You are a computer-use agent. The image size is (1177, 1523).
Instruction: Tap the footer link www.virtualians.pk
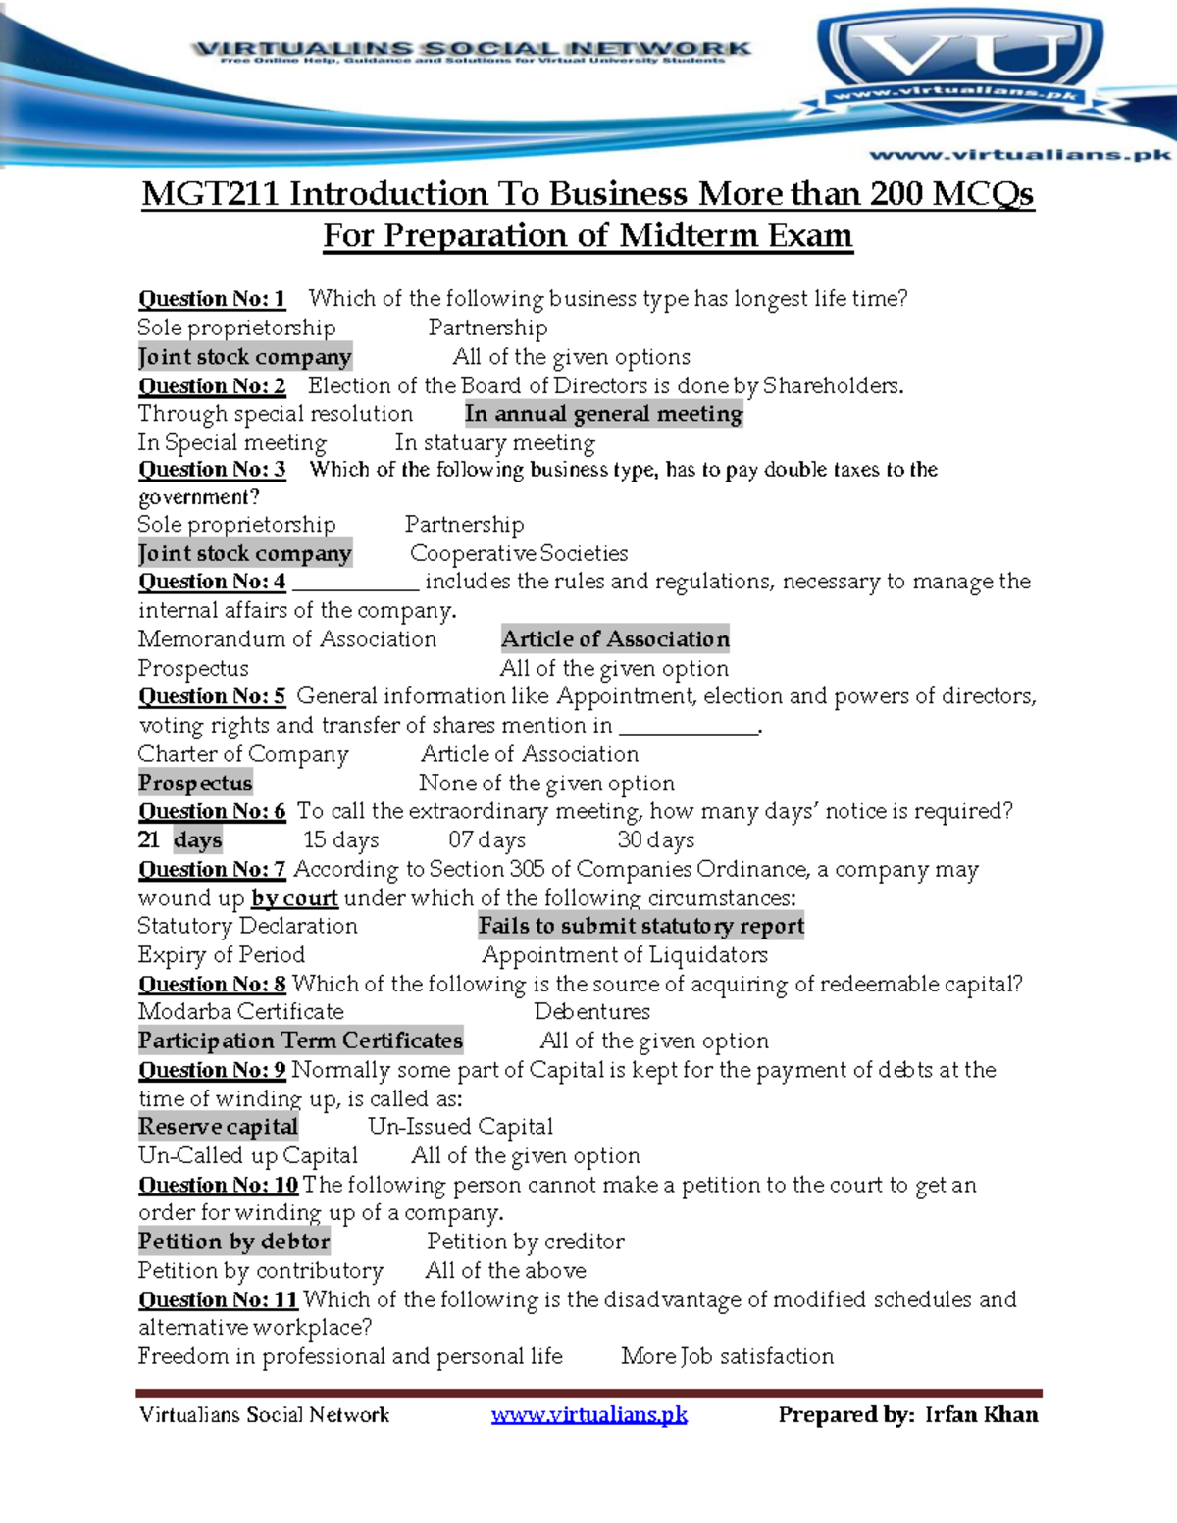[588, 1414]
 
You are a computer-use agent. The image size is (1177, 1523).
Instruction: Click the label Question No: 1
[212, 299]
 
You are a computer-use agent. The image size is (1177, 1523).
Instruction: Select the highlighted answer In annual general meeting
[603, 414]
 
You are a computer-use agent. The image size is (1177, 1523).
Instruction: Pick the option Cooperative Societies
[519, 553]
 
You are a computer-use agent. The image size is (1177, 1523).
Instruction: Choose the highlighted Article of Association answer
[615, 638]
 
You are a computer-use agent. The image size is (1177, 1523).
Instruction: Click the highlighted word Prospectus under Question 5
[195, 783]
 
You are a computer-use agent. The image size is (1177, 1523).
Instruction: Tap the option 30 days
[655, 840]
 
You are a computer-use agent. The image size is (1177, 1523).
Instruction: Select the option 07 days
[487, 840]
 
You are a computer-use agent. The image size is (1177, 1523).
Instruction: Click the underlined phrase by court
[294, 898]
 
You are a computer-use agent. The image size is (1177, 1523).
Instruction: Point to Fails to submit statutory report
[640, 926]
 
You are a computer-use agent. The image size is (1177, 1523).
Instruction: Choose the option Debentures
[591, 1011]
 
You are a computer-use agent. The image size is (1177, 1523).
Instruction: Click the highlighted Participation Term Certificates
[300, 1041]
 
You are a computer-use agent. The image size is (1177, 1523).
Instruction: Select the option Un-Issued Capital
[460, 1127]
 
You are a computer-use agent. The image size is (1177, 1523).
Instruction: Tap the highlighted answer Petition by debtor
[233, 1242]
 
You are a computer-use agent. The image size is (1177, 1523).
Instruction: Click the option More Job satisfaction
[727, 1356]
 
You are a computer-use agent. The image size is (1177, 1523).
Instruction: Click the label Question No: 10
[218, 1185]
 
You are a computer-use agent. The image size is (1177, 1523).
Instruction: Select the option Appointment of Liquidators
[624, 955]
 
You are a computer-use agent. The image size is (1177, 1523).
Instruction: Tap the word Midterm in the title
[690, 236]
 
